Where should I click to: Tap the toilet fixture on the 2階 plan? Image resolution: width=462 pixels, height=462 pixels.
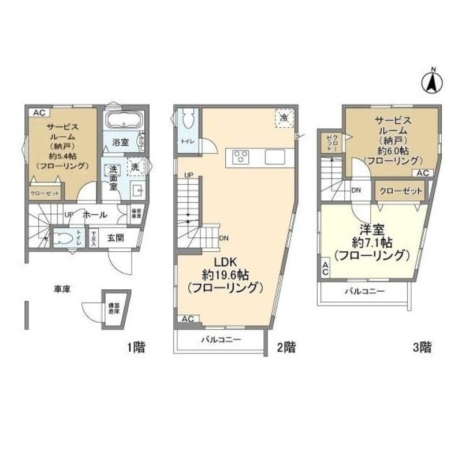(x=187, y=122)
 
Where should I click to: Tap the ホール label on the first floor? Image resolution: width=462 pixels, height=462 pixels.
(x=94, y=215)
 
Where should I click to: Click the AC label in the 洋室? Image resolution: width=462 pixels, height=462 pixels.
(x=325, y=268)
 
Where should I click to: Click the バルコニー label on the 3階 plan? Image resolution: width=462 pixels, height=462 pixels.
(x=364, y=292)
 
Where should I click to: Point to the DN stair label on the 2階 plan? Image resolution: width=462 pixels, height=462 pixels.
(x=223, y=237)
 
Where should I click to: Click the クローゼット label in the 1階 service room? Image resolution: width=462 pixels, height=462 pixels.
(x=44, y=193)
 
